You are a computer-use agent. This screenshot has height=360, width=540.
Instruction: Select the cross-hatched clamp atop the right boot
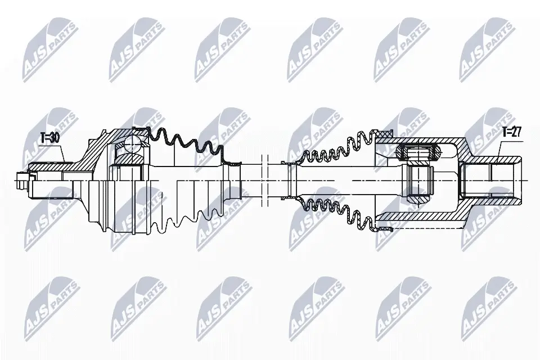pos(385,134)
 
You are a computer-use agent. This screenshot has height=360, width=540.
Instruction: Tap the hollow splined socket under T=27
pos(490,179)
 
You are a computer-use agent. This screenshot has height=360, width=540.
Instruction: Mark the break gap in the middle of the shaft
pos(266,180)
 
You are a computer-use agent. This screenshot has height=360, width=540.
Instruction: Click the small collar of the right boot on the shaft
pos(288,179)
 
